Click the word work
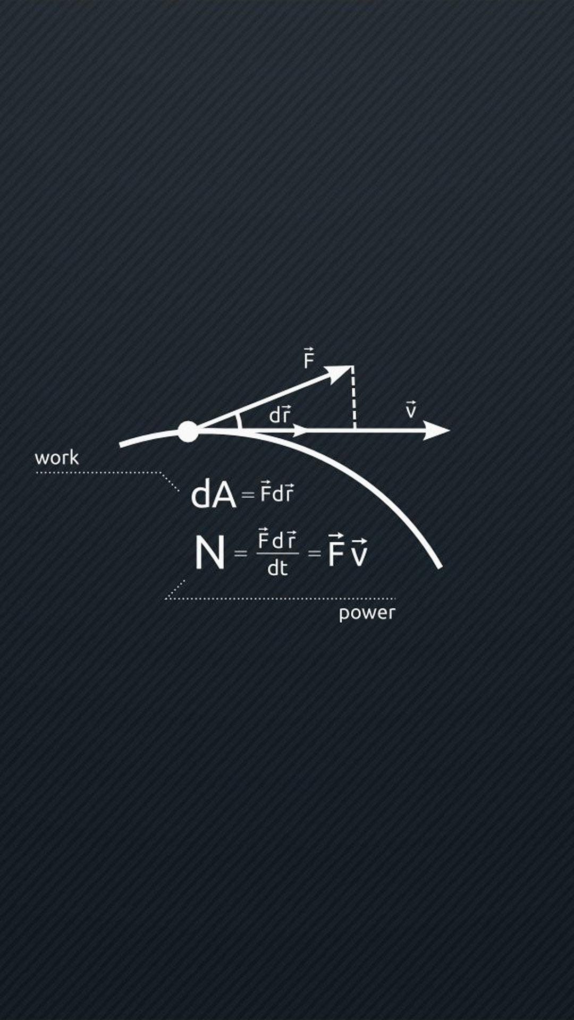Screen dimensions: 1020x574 pos(56,457)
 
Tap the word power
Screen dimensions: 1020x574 pos(367,613)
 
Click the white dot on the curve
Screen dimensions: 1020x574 pos(188,431)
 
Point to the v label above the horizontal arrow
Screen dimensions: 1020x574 pos(411,410)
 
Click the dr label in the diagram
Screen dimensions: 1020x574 pos(280,414)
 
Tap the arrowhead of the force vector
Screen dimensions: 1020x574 pos(340,372)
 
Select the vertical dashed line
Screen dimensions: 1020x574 pos(354,398)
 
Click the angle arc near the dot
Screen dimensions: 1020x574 pos(239,421)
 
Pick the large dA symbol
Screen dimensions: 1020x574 pos(213,495)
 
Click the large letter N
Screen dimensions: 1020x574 pos(209,553)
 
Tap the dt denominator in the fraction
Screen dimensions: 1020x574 pos(277,568)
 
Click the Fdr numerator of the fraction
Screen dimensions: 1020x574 pos(277,540)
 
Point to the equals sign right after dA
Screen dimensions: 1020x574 pos(248,495)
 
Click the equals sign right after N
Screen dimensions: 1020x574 pos(241,554)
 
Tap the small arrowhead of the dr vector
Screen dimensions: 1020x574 pos(300,430)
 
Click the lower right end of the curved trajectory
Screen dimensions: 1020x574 pos(438,565)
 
